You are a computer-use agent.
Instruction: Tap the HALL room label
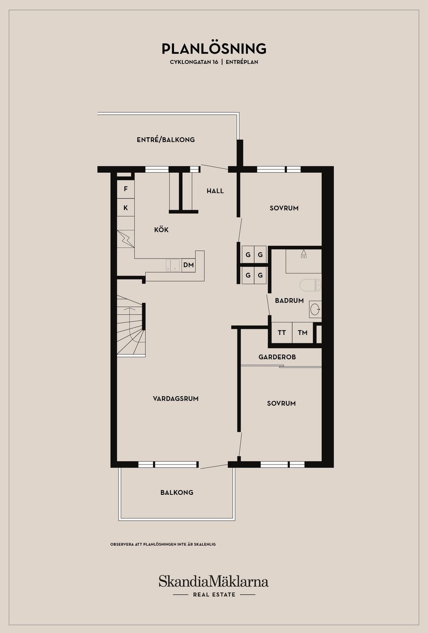[215, 191]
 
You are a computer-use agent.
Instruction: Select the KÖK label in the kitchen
[161, 230]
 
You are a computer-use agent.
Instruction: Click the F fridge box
[126, 189]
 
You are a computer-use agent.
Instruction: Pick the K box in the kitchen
[126, 207]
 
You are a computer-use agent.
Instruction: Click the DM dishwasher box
[189, 265]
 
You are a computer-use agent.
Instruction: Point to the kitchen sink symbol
[173, 265]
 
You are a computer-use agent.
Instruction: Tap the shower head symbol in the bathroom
[304, 254]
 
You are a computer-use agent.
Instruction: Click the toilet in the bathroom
[310, 285]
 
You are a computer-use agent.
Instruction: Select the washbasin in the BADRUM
[315, 309]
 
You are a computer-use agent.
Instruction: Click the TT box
[282, 333]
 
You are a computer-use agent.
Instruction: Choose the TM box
[302, 333]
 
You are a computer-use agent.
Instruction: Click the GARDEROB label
[277, 357]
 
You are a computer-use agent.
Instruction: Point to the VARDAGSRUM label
[176, 399]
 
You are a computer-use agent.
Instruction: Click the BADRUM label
[289, 300]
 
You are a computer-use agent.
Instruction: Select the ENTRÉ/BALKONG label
[166, 140]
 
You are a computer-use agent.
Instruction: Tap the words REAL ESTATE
[214, 595]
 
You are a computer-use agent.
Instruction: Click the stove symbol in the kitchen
[126, 239]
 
